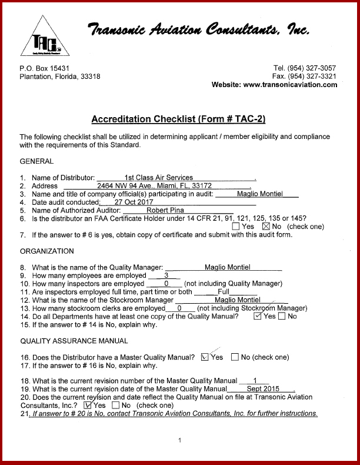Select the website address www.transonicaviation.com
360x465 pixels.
pos(290,85)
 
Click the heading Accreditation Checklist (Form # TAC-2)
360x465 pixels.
pos(178,119)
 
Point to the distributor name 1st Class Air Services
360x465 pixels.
pos(159,177)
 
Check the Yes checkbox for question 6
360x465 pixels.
pos(236,226)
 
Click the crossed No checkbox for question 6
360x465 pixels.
pos(265,226)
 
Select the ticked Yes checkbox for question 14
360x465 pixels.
pos(257,316)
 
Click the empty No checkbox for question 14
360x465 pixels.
pos(282,317)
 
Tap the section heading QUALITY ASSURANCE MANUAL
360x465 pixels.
pos(74,341)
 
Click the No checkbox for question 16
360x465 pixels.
pos(235,357)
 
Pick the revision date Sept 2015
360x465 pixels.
pos(263,389)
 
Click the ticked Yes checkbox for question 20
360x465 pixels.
pos(88,405)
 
